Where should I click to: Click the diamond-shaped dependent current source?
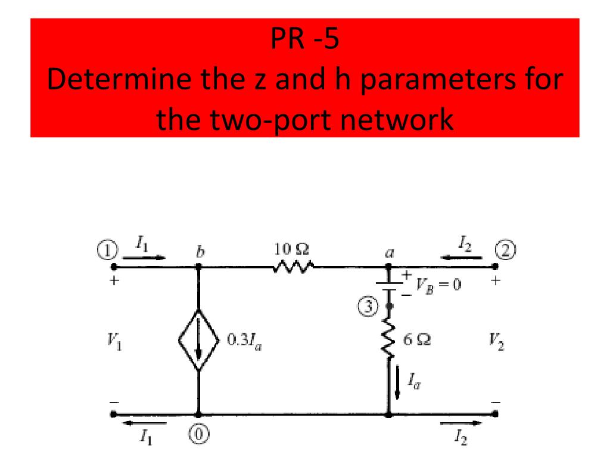(x=198, y=341)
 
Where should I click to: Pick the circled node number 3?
(x=370, y=307)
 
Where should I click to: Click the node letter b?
(x=199, y=252)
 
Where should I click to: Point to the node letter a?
(x=389, y=253)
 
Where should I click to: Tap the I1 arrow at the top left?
(x=147, y=258)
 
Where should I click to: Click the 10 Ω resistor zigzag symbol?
(x=292, y=267)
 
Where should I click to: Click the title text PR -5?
(x=305, y=41)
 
